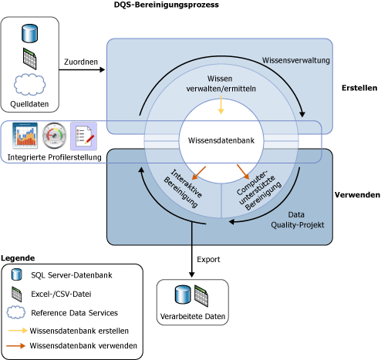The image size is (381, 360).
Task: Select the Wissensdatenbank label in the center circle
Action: tap(221, 140)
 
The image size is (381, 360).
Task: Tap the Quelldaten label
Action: tap(30, 104)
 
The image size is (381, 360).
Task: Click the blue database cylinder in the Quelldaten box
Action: tap(30, 35)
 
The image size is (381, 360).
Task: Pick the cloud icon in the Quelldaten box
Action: tap(30, 84)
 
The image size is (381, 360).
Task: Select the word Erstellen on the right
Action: tap(359, 89)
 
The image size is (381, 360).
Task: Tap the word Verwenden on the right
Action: tap(356, 196)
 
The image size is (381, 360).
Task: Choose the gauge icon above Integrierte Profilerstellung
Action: tap(56, 136)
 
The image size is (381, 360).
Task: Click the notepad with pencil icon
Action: tap(83, 136)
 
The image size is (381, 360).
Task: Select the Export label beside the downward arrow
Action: tap(209, 258)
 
